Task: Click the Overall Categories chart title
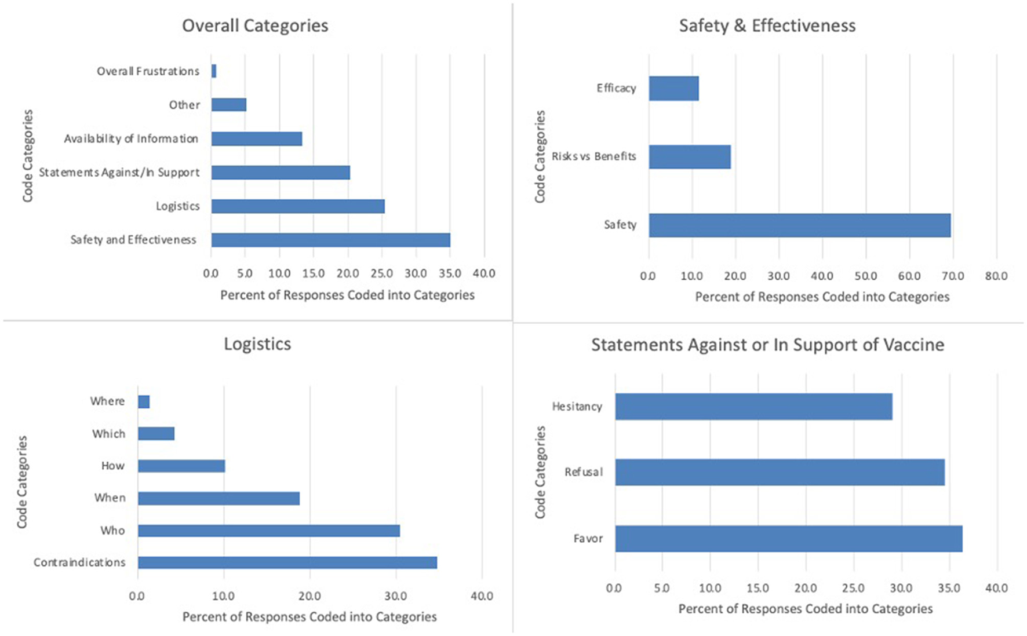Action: [x=255, y=25]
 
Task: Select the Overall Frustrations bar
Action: [x=214, y=71]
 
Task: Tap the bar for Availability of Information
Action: [x=256, y=138]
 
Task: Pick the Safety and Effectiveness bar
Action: [x=330, y=240]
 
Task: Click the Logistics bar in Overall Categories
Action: [x=297, y=206]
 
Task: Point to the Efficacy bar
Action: [x=673, y=89]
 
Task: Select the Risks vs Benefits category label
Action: [x=593, y=156]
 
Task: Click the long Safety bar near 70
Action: [x=799, y=225]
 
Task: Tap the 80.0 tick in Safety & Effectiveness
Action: [x=996, y=276]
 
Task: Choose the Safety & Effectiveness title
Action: [x=767, y=25]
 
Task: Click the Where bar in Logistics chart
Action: [x=144, y=401]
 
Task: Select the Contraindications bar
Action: [x=287, y=562]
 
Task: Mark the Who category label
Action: [x=112, y=531]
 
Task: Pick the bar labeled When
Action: [x=218, y=498]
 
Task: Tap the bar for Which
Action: [x=156, y=433]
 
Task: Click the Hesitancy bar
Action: [x=753, y=407]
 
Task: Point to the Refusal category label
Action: [x=584, y=472]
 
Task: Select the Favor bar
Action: [x=788, y=539]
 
